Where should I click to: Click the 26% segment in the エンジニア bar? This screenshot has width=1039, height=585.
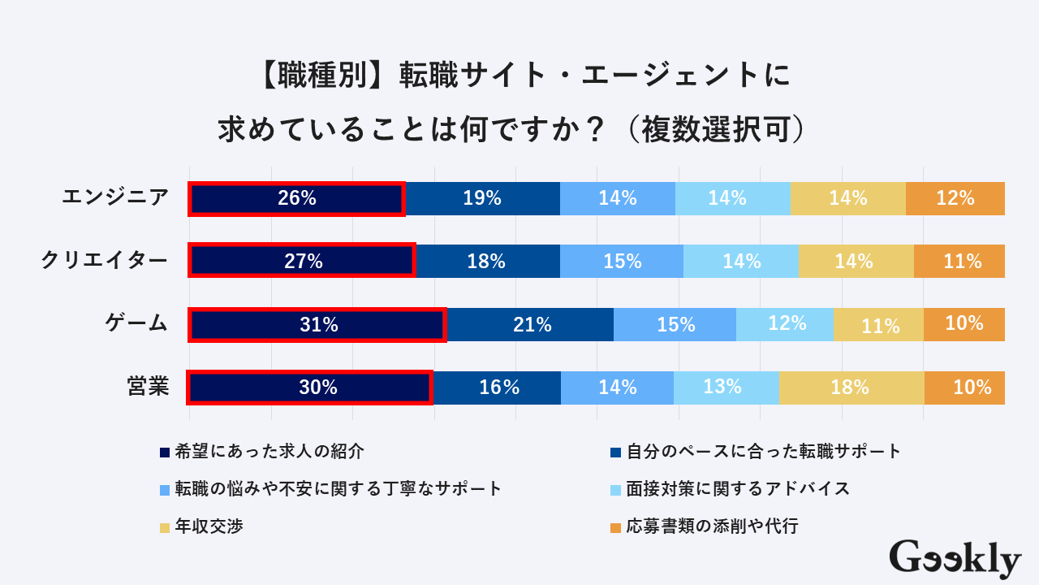tap(296, 198)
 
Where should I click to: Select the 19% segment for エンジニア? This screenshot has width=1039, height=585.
tap(482, 198)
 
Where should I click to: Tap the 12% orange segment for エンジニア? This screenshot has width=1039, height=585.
tap(955, 198)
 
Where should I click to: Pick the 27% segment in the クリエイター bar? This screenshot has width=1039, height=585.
tap(302, 261)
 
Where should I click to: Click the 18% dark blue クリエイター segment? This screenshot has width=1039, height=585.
tap(487, 261)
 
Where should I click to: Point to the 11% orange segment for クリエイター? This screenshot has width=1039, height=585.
tap(959, 261)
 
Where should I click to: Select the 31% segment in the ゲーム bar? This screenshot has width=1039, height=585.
tap(317, 324)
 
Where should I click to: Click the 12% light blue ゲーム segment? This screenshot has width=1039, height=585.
tap(785, 324)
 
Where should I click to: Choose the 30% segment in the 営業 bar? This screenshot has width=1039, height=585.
tap(310, 388)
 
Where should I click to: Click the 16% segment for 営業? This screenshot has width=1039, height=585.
tap(496, 388)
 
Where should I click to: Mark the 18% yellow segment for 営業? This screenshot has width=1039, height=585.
tap(851, 388)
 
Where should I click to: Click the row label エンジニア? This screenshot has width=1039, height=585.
tap(115, 197)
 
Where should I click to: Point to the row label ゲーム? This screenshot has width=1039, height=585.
tap(136, 323)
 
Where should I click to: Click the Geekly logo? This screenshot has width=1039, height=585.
tap(955, 559)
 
